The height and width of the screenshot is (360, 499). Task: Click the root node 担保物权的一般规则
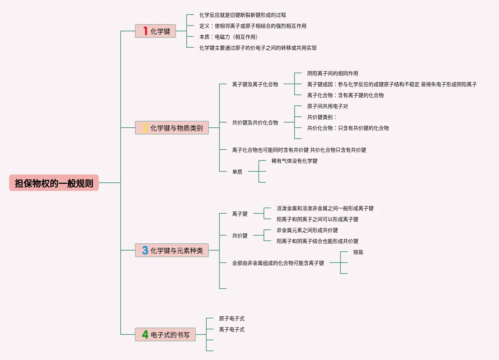(54, 183)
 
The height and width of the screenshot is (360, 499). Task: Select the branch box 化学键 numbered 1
(156, 31)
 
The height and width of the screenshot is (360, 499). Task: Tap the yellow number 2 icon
(145, 128)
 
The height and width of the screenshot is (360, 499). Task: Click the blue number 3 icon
(145, 250)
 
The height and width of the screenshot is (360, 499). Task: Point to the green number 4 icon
(145, 334)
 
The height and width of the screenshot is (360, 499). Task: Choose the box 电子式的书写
(170, 335)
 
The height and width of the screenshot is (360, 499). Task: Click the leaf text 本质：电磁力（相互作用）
(229, 37)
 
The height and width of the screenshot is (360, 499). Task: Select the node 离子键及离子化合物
(255, 84)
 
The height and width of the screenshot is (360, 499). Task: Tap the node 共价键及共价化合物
(255, 123)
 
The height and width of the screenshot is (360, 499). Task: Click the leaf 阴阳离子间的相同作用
(332, 73)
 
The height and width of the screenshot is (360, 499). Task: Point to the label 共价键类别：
(322, 117)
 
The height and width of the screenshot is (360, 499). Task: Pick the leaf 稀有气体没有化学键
(294, 161)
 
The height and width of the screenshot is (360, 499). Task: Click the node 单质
(237, 172)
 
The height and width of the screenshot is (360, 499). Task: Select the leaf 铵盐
(358, 252)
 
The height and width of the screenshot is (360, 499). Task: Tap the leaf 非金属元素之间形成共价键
(307, 230)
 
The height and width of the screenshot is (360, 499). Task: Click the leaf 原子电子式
(231, 318)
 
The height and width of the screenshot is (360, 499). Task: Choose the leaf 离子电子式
(231, 329)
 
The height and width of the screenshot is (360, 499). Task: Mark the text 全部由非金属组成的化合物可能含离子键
(278, 263)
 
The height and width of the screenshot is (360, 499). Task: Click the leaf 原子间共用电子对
(327, 106)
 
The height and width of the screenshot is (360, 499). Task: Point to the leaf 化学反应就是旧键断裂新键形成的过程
(242, 15)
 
